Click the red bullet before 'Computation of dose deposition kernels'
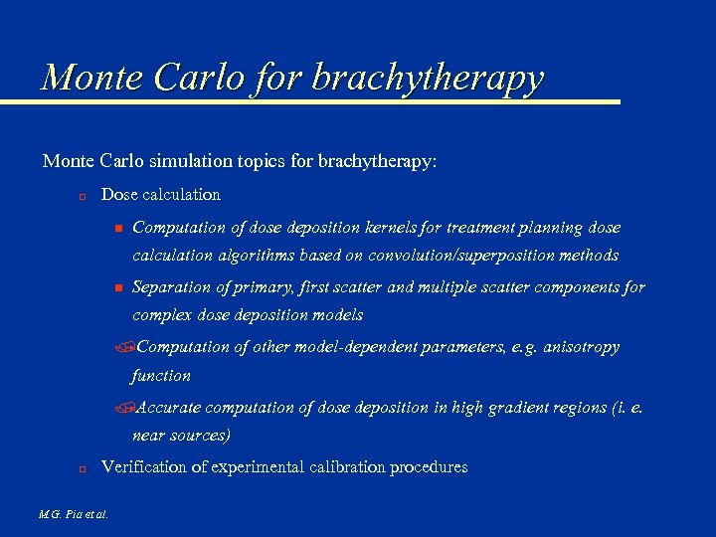click(x=116, y=229)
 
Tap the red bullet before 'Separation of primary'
click(x=116, y=288)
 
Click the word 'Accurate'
click(x=166, y=407)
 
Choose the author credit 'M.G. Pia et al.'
click(x=74, y=514)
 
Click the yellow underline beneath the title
click(x=308, y=101)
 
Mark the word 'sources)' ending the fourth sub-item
click(x=201, y=435)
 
